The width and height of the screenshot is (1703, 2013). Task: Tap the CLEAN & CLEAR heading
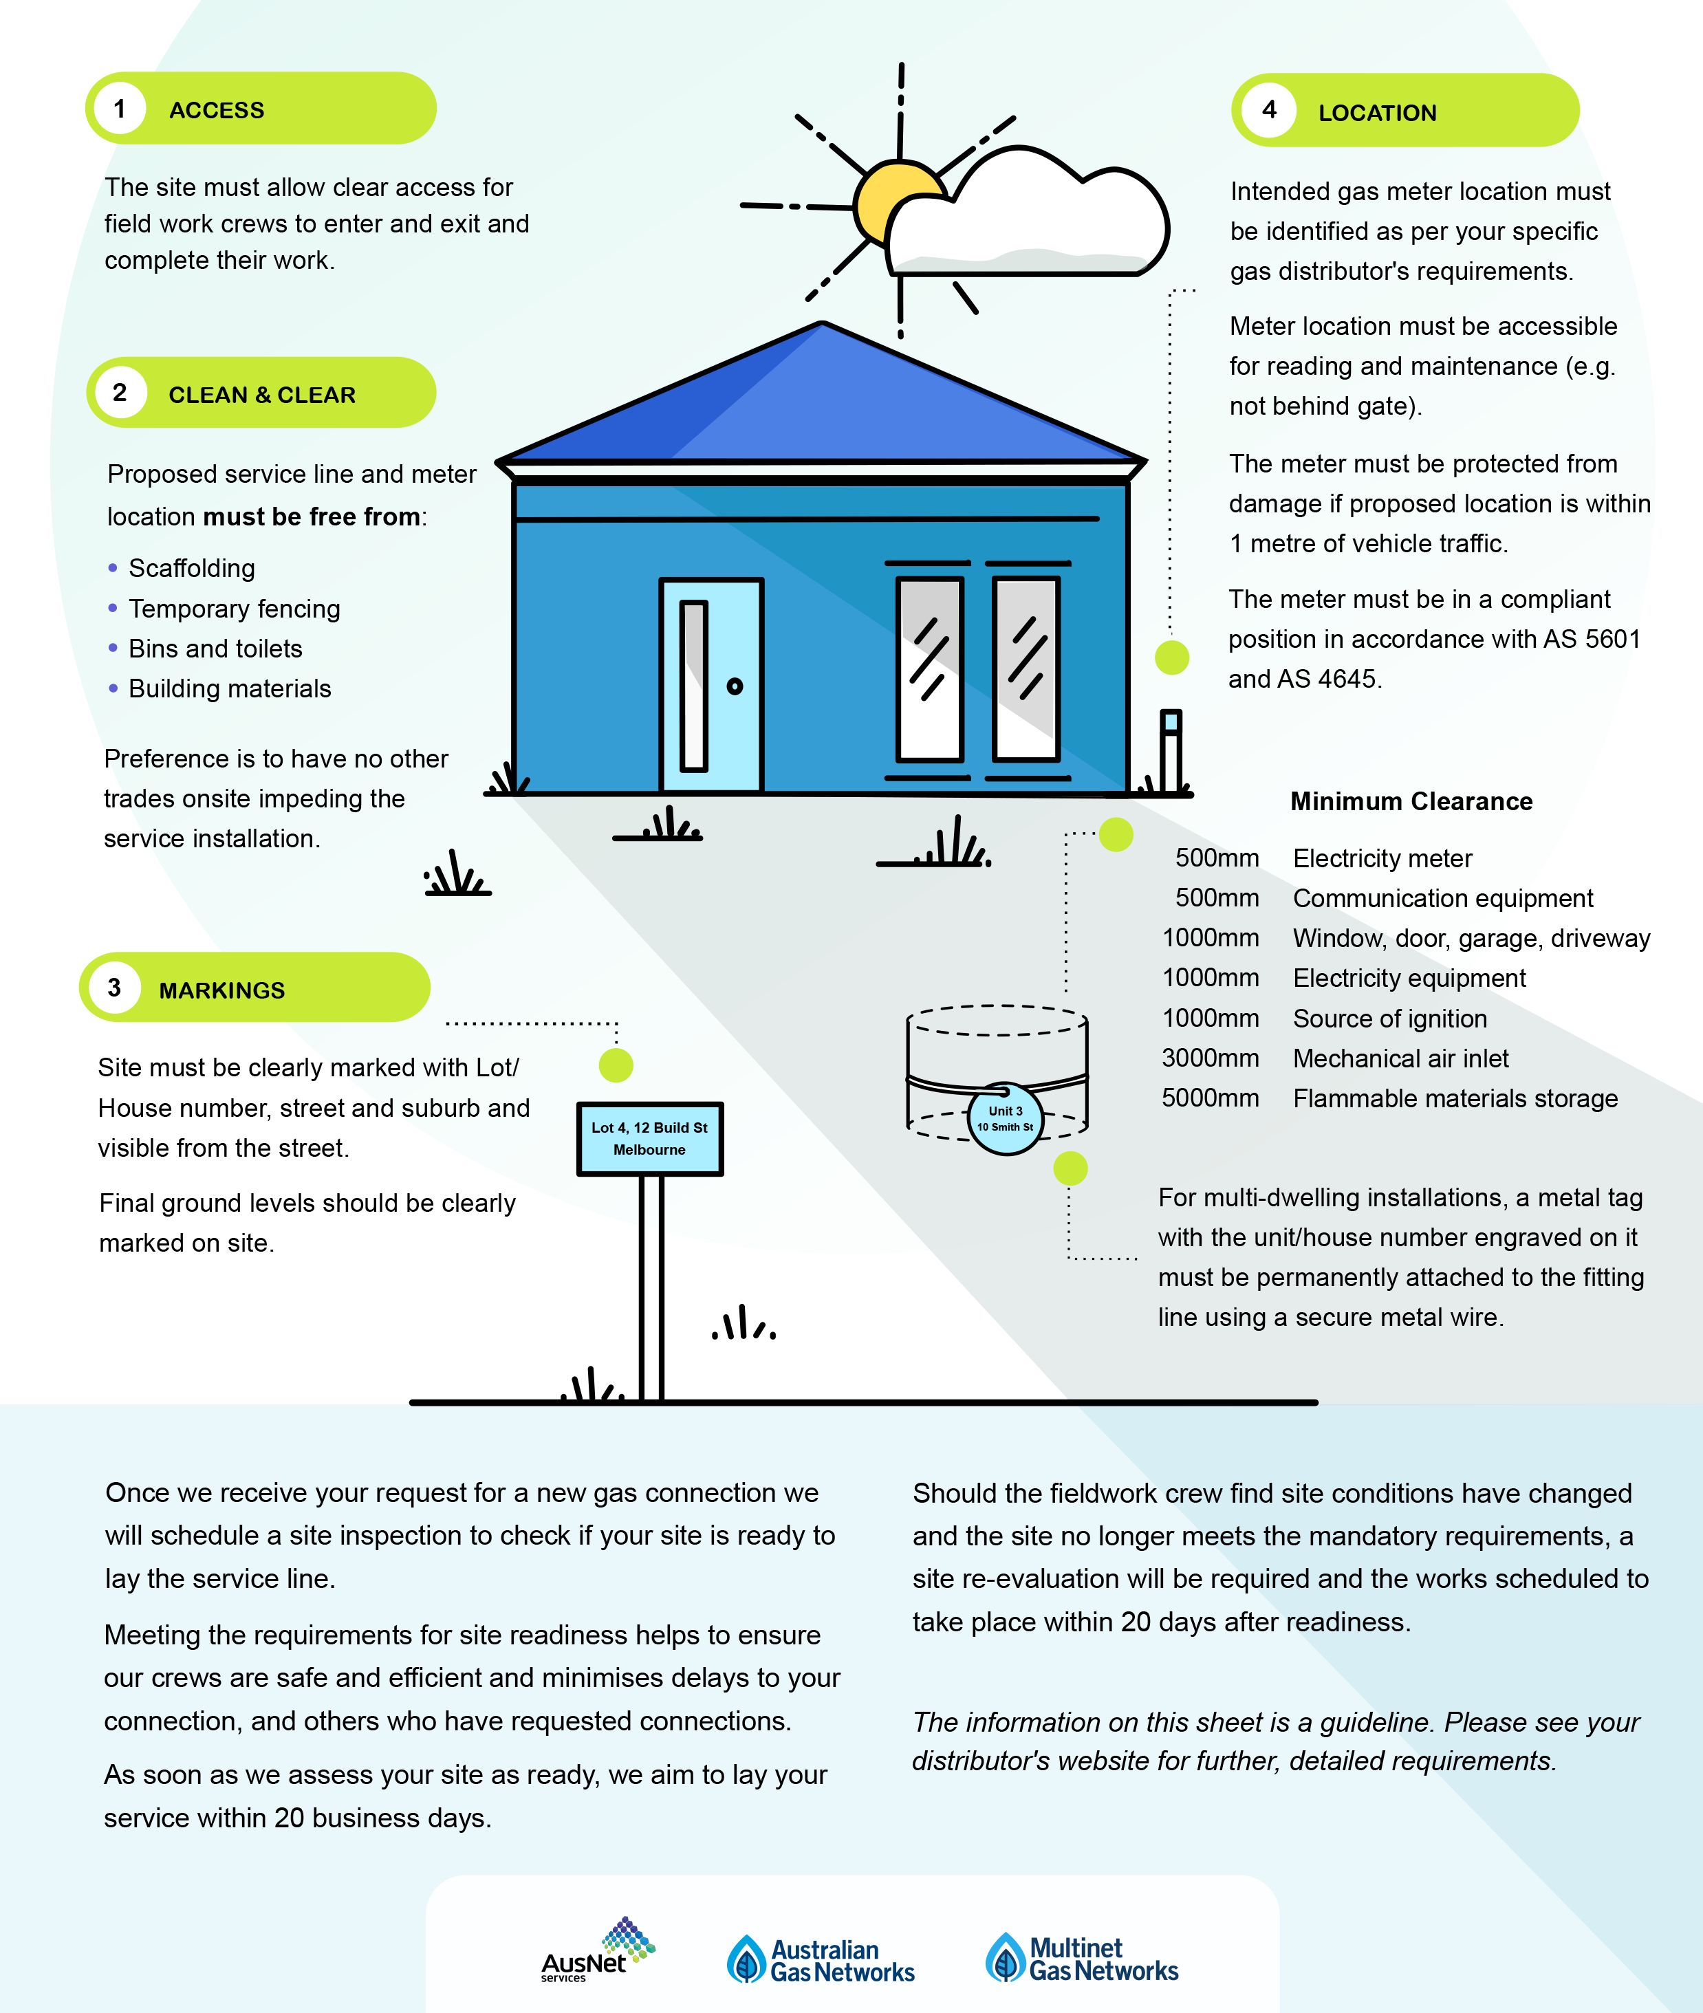(x=261, y=395)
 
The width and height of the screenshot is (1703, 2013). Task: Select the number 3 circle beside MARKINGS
(x=114, y=988)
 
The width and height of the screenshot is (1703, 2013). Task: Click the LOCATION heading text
(x=1377, y=113)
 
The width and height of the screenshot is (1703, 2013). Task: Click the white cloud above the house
(x=1029, y=217)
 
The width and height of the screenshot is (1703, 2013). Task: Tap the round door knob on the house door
(x=735, y=686)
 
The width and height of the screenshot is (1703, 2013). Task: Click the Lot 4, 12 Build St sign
(x=650, y=1138)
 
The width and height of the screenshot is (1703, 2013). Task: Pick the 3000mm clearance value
(x=1210, y=1058)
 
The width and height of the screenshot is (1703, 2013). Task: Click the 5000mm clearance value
(x=1210, y=1099)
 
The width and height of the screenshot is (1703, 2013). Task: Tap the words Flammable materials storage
(x=1455, y=1099)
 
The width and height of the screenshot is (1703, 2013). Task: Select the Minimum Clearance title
(x=1411, y=801)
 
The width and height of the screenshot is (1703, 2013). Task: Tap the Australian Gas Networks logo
(x=821, y=1960)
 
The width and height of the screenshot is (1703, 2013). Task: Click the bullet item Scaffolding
(x=191, y=569)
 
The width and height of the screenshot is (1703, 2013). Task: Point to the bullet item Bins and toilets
(x=215, y=649)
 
